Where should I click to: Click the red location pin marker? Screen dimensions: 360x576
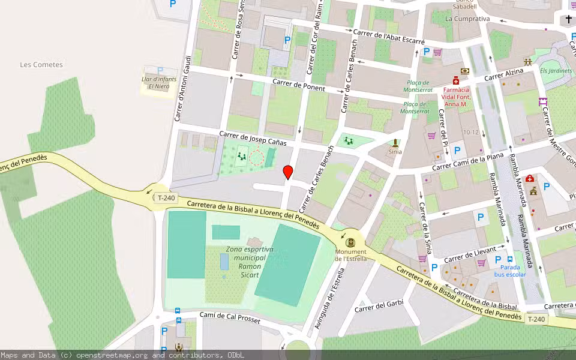click(x=288, y=172)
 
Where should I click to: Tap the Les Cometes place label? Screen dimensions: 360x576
click(x=41, y=65)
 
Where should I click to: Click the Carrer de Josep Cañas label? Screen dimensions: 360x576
click(x=253, y=139)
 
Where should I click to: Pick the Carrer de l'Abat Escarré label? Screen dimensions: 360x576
click(x=389, y=37)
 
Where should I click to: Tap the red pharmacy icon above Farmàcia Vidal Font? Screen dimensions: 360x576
click(x=456, y=80)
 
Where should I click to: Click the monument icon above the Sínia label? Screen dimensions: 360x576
click(x=395, y=143)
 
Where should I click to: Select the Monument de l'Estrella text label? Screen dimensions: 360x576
click(x=351, y=255)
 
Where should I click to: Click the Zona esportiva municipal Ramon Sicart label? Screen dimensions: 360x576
click(x=250, y=262)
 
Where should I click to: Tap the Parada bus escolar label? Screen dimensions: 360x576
click(x=510, y=271)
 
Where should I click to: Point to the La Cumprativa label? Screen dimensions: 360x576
click(x=467, y=19)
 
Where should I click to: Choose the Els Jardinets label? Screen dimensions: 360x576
click(x=556, y=71)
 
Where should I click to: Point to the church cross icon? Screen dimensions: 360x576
click(x=569, y=19)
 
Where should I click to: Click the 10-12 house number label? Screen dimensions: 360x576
click(x=470, y=133)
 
